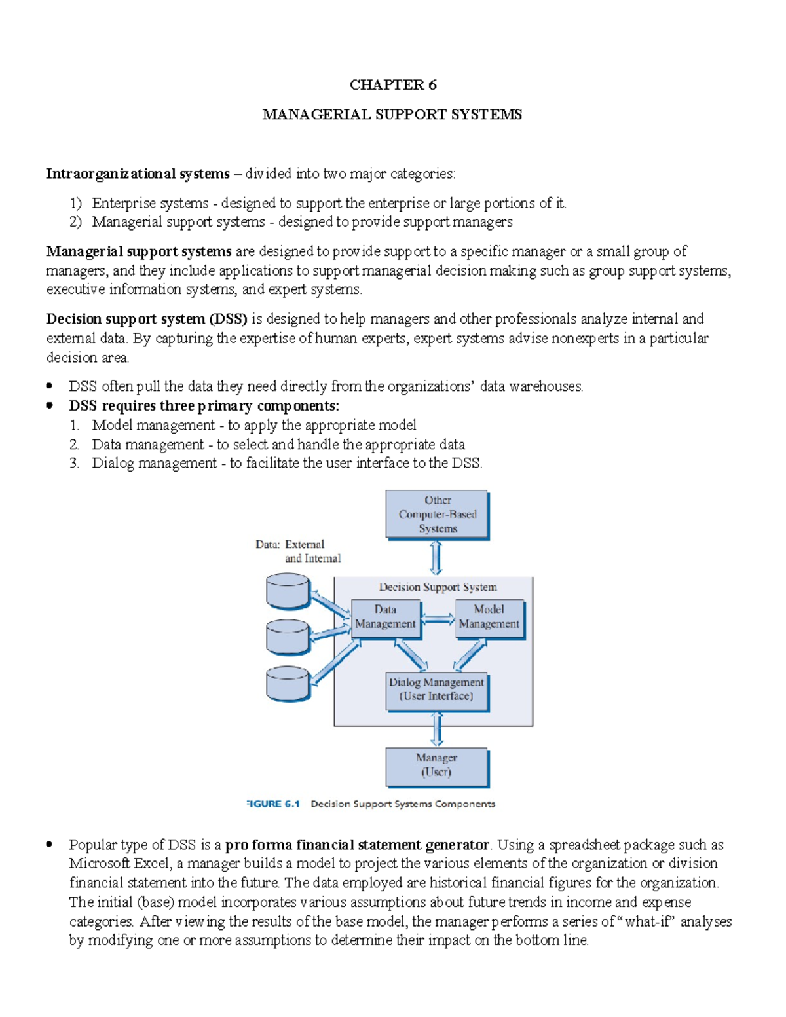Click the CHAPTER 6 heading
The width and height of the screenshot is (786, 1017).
pyautogui.click(x=392, y=84)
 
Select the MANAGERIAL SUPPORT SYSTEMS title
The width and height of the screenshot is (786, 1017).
pyautogui.click(x=392, y=115)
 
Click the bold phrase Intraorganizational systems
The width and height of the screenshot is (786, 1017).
pyautogui.click(x=138, y=174)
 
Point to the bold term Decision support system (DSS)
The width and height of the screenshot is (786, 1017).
pyautogui.click(x=147, y=319)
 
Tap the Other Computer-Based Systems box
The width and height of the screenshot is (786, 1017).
pyautogui.click(x=437, y=515)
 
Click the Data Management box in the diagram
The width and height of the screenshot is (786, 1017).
pyautogui.click(x=385, y=618)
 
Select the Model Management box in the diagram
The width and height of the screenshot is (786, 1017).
pyautogui.click(x=489, y=618)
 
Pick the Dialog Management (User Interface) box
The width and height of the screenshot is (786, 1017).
pyautogui.click(x=436, y=690)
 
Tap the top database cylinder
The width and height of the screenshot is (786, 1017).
pyautogui.click(x=288, y=591)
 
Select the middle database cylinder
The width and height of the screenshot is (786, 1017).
pyautogui.click(x=288, y=637)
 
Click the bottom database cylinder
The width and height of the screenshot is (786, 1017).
pyautogui.click(x=288, y=684)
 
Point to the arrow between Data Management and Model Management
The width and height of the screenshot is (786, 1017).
pyautogui.click(x=438, y=619)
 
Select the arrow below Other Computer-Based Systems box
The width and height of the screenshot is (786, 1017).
pyautogui.click(x=436, y=558)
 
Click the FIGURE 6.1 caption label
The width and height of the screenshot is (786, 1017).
pyautogui.click(x=273, y=804)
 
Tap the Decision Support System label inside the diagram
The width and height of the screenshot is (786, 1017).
pyautogui.click(x=438, y=587)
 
